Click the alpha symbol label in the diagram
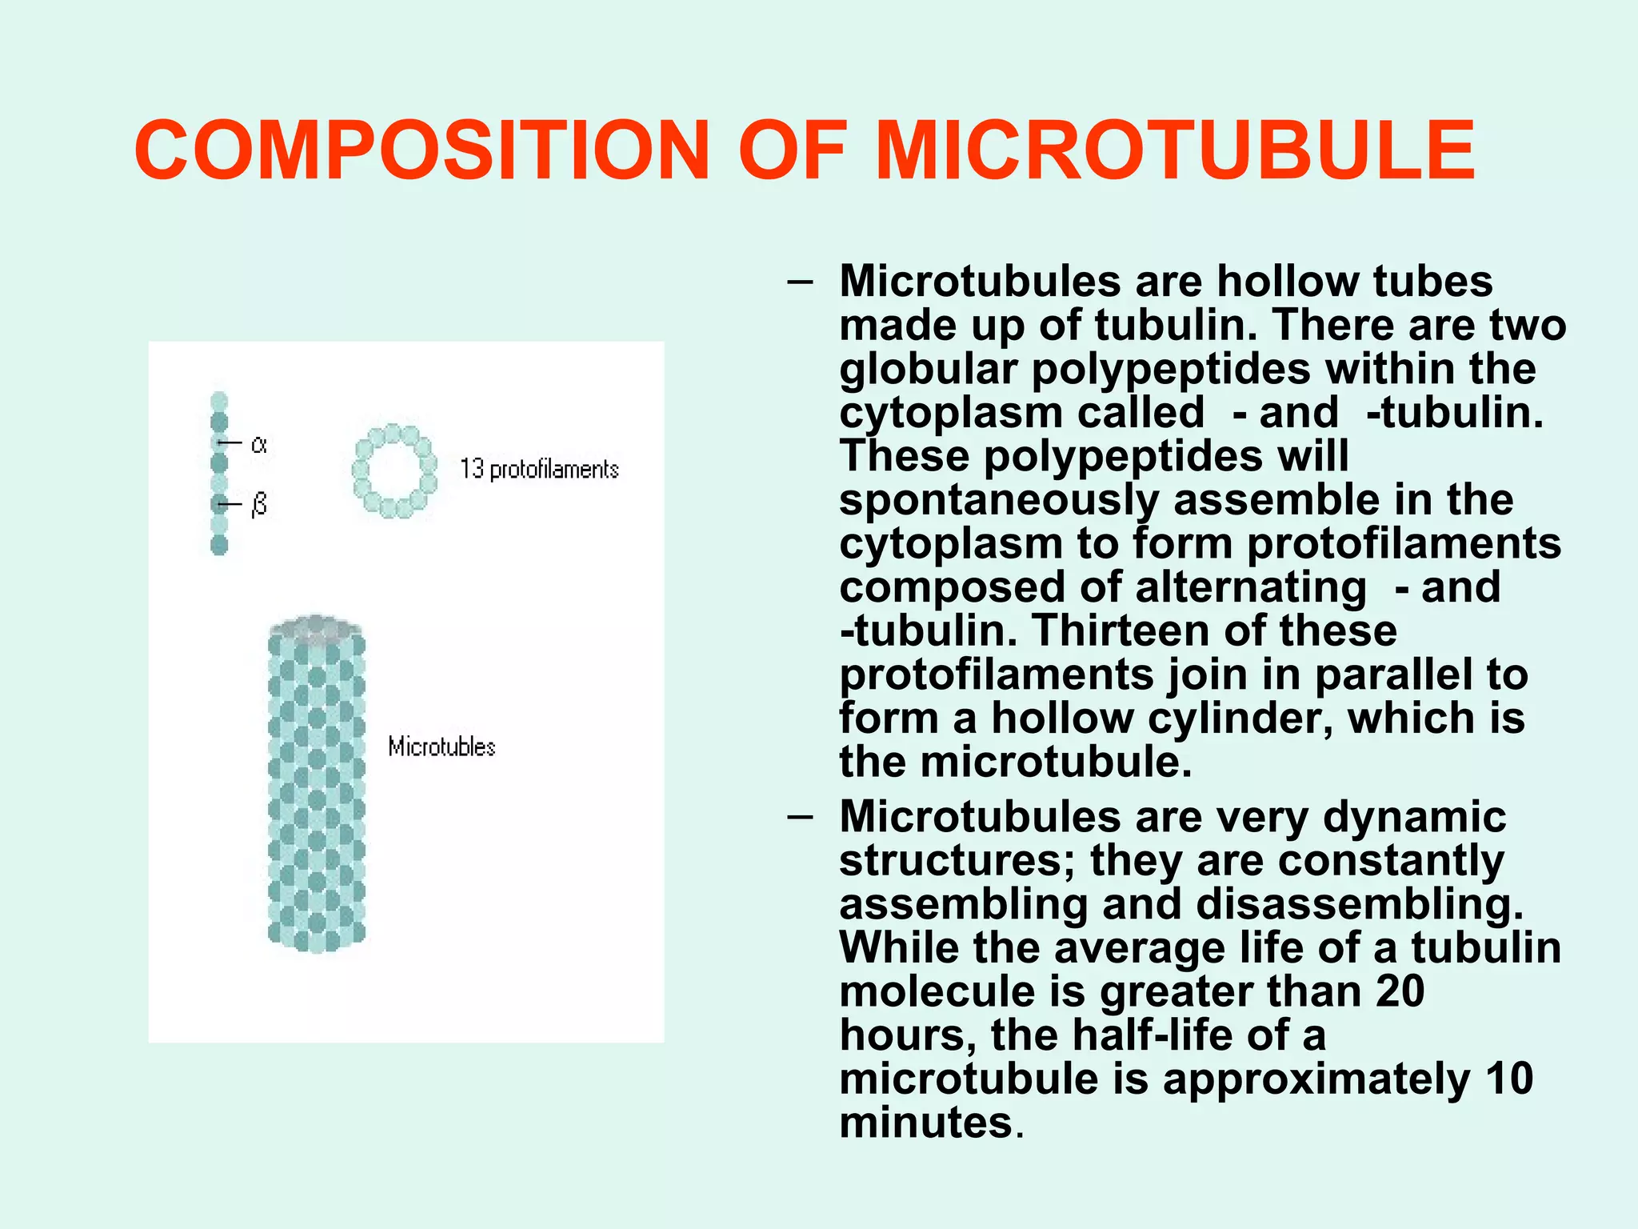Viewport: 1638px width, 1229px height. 258,444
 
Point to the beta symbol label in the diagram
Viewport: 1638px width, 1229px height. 258,505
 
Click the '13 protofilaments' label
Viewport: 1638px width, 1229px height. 539,469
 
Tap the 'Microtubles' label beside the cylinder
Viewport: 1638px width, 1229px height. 441,747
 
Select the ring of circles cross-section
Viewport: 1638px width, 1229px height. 395,470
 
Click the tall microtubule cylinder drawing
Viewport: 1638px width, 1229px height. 317,784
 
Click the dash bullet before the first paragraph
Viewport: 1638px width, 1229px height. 799,282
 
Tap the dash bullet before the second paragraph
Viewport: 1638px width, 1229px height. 799,817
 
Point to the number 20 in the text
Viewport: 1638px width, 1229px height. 1400,991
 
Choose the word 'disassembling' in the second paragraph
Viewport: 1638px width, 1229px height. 1360,904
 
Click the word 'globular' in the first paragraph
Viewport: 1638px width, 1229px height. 929,369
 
